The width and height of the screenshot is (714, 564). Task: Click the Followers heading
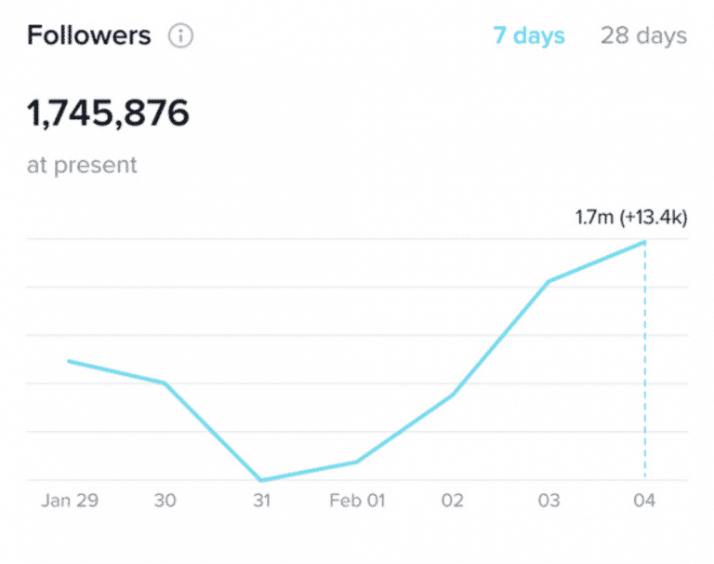click(x=88, y=36)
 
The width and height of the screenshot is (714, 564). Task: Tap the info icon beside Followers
click(x=180, y=36)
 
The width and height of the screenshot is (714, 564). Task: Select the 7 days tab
click(x=528, y=36)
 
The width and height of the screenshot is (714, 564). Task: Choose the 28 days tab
click(x=643, y=36)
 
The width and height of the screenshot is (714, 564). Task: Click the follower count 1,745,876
click(x=108, y=114)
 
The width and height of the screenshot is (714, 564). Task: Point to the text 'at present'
click(x=82, y=166)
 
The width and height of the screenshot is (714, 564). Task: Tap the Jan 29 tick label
click(x=69, y=501)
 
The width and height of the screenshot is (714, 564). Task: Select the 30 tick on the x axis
click(x=165, y=501)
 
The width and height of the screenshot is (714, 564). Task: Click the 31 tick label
click(x=261, y=501)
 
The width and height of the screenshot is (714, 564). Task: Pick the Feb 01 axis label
click(x=357, y=501)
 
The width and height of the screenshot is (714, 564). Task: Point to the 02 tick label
click(x=453, y=501)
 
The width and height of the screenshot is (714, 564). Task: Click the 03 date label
click(x=549, y=501)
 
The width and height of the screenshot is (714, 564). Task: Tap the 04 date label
click(x=644, y=501)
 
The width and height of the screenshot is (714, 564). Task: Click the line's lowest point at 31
click(x=261, y=480)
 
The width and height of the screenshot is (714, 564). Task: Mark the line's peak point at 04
click(x=644, y=242)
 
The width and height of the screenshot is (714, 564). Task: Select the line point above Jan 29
click(x=69, y=361)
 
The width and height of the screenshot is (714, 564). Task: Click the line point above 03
click(x=549, y=281)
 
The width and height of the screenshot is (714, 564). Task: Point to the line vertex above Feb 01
click(x=357, y=462)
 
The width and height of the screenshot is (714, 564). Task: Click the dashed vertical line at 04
click(x=644, y=372)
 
